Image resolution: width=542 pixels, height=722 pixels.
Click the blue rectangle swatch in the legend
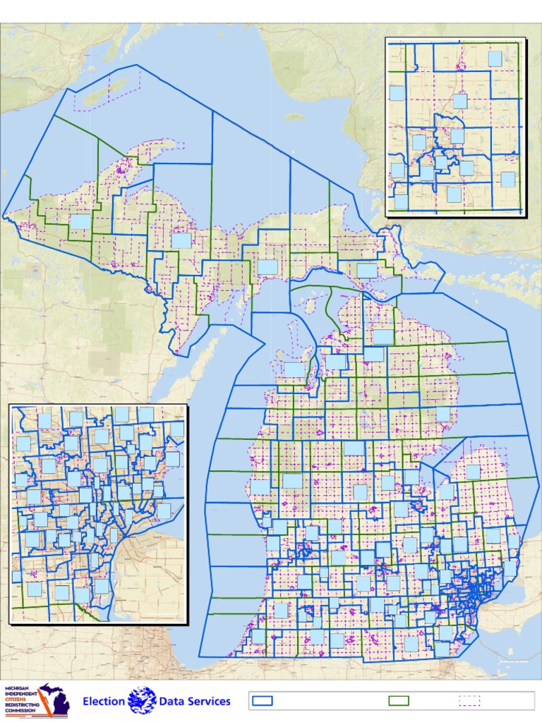tap(263, 701)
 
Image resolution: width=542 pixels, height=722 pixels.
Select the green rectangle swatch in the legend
tap(399, 701)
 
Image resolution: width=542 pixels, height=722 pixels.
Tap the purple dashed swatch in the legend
tap(469, 701)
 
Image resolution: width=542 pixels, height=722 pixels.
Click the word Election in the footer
tap(104, 702)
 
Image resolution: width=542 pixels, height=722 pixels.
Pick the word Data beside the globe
tap(171, 702)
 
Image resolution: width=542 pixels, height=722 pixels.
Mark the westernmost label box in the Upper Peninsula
tap(80, 221)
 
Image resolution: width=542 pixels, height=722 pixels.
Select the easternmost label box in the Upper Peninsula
tap(367, 271)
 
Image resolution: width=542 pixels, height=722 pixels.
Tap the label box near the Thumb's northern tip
tap(473, 472)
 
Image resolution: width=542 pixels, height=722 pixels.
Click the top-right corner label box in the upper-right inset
tap(495, 59)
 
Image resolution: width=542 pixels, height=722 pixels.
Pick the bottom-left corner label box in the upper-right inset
tap(401, 202)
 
